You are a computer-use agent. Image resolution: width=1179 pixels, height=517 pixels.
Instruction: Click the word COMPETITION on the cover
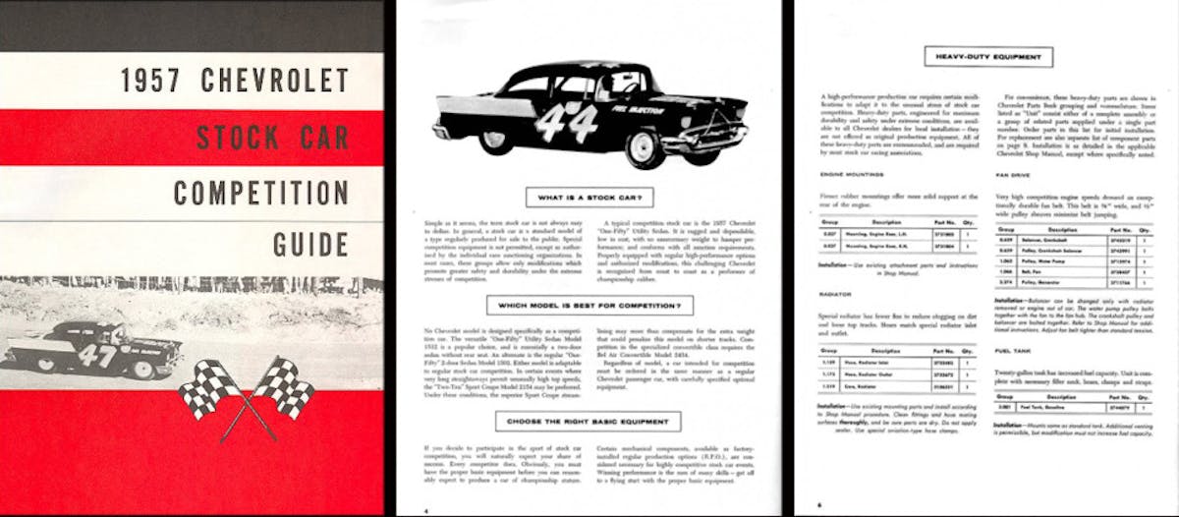(260, 191)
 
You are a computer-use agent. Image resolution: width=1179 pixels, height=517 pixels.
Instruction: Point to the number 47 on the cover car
(97, 354)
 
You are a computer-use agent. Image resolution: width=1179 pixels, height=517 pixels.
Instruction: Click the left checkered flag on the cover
(208, 388)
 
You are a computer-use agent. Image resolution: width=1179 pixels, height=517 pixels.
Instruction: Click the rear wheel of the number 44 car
(495, 138)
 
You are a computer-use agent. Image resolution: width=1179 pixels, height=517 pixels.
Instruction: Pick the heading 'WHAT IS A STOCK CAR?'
(589, 198)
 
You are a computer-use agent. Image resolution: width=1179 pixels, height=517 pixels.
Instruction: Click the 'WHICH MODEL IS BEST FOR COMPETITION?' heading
(589, 306)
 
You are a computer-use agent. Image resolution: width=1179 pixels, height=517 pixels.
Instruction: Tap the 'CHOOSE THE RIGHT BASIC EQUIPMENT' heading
(589, 423)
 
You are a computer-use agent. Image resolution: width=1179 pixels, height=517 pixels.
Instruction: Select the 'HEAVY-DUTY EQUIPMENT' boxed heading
(988, 56)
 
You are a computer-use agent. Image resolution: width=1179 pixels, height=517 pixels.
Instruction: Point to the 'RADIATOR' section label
(836, 293)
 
